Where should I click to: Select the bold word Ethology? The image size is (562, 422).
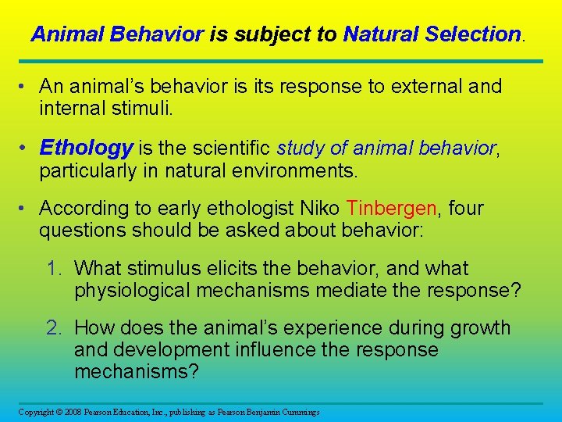(86, 148)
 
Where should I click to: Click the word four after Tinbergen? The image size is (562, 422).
(466, 209)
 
